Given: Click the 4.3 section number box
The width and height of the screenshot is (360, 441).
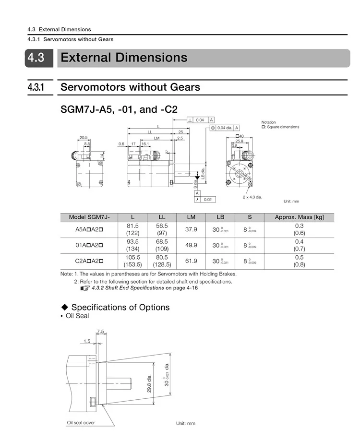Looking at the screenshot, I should (36, 58).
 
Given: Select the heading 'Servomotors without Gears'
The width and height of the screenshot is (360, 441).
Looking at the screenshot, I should (130, 87).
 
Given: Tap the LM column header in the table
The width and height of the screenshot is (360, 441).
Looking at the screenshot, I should (191, 217).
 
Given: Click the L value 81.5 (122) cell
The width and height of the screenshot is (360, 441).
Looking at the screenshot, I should (132, 229).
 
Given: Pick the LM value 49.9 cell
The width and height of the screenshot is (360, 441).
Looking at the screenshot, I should (191, 245).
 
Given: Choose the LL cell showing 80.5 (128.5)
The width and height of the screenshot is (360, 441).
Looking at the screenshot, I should (162, 261).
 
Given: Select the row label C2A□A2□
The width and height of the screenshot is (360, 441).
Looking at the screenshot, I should (89, 261).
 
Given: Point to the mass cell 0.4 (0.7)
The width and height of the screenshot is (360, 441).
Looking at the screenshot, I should (299, 245).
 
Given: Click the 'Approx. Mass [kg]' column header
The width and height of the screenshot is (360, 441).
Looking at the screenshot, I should (299, 217).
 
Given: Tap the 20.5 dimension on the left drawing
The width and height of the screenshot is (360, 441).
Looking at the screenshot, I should (83, 137).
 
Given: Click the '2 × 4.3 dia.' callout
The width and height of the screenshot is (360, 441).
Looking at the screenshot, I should (252, 197).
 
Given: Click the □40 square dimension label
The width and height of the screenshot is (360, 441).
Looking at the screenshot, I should (240, 136).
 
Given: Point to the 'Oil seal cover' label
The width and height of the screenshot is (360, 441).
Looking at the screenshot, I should (81, 423).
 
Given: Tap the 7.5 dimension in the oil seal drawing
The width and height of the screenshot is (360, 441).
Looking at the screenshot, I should (100, 332).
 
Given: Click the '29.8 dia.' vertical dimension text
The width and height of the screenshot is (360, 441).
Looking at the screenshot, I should (149, 383).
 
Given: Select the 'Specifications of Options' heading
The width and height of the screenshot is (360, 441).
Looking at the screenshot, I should (120, 307).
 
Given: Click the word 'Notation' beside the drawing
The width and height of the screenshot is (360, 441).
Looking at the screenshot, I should (269, 122).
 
